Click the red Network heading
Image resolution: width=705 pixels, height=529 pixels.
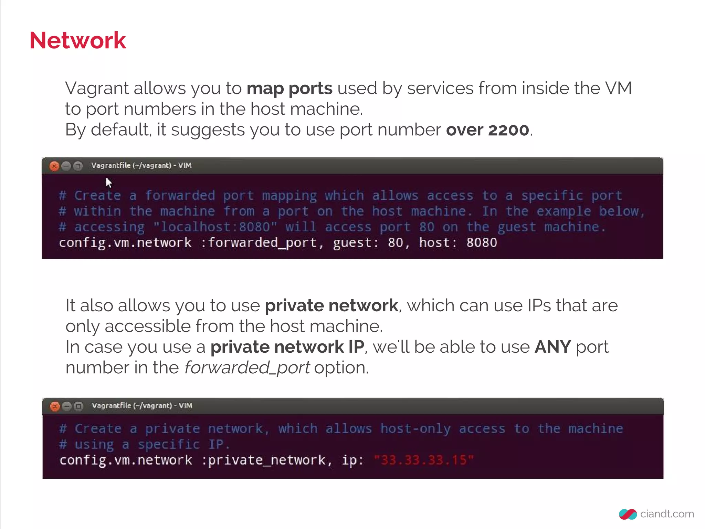click(x=78, y=41)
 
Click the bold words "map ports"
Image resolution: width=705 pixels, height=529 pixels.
click(x=290, y=89)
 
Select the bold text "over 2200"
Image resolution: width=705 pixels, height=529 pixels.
click(x=487, y=130)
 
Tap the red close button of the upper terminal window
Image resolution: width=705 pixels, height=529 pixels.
click(x=54, y=166)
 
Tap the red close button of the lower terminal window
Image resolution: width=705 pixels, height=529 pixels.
click(x=55, y=406)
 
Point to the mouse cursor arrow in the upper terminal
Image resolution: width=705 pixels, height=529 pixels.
click(x=109, y=182)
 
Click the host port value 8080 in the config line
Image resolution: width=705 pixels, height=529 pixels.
click(x=481, y=243)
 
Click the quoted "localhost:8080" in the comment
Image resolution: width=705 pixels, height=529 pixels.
click(x=215, y=227)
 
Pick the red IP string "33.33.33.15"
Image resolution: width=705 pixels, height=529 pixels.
click(x=424, y=460)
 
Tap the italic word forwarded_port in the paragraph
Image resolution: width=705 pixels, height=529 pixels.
click(x=247, y=368)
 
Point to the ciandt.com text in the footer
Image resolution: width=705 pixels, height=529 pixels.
click(x=667, y=514)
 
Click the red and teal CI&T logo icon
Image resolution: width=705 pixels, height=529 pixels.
click(x=628, y=514)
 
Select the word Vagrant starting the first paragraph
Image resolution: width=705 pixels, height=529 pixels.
click(x=97, y=89)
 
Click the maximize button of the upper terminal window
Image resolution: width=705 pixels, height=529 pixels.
click(x=78, y=166)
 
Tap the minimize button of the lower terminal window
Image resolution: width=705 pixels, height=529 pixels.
click(x=67, y=406)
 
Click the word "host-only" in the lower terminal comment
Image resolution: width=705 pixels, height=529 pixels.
click(x=415, y=429)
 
